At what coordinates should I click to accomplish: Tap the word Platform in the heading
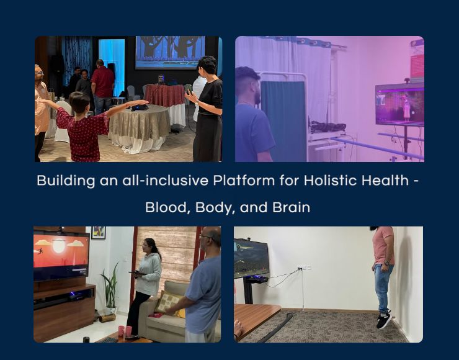tap(244, 181)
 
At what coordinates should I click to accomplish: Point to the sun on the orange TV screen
tap(58, 246)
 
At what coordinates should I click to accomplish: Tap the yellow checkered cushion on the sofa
tap(169, 303)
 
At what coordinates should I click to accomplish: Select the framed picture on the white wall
tap(99, 233)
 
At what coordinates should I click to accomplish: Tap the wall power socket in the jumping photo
tap(304, 267)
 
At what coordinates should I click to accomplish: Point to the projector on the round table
tap(139, 107)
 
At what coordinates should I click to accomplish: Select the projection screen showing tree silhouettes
tap(171, 52)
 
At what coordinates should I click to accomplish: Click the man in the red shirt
tap(102, 87)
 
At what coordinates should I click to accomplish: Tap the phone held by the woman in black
tap(189, 91)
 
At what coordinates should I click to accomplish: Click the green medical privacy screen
tap(283, 121)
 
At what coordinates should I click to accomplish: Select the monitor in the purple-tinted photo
tap(399, 104)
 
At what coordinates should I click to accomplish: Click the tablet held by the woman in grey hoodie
tap(138, 273)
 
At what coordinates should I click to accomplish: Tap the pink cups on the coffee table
tap(125, 331)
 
